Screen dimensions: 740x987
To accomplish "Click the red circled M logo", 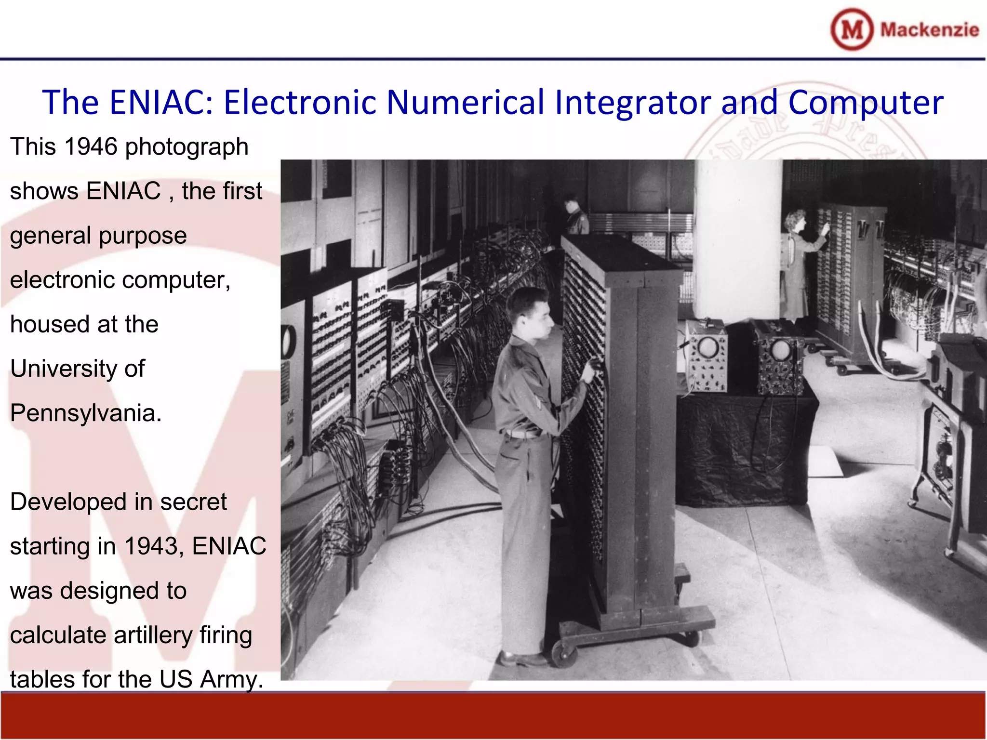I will coord(852,29).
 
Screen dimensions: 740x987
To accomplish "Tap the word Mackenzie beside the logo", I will coord(929,30).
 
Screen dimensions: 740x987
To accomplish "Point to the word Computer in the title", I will coord(866,103).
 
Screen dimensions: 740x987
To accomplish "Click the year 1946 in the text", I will coord(91,146).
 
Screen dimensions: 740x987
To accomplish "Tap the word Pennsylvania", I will coord(85,413).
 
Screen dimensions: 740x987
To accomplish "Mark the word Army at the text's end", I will coord(231,679).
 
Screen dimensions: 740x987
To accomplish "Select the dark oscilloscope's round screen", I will coord(779,350).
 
